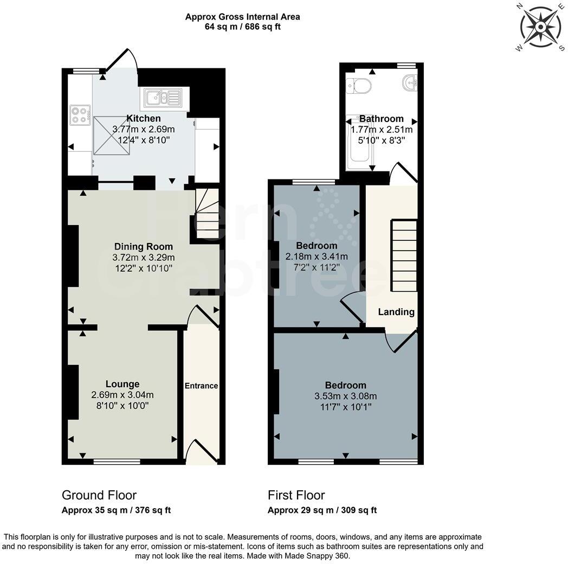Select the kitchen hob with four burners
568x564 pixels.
coord(80,115)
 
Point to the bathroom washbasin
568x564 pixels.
coord(410,83)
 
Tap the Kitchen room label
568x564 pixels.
coord(144,118)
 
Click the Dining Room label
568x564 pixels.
coord(144,246)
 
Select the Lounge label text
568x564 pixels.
coord(122,384)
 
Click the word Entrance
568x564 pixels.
coord(201,386)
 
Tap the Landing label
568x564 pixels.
coord(396,312)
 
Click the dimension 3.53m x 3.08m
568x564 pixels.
coord(346,396)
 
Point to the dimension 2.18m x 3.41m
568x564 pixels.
coord(317,257)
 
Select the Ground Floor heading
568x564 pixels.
coord(99,495)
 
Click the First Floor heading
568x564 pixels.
coord(296,495)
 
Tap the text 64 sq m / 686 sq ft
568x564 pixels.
coord(242,27)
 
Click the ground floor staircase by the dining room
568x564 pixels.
coord(206,214)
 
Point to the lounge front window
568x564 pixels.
coord(117,462)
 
